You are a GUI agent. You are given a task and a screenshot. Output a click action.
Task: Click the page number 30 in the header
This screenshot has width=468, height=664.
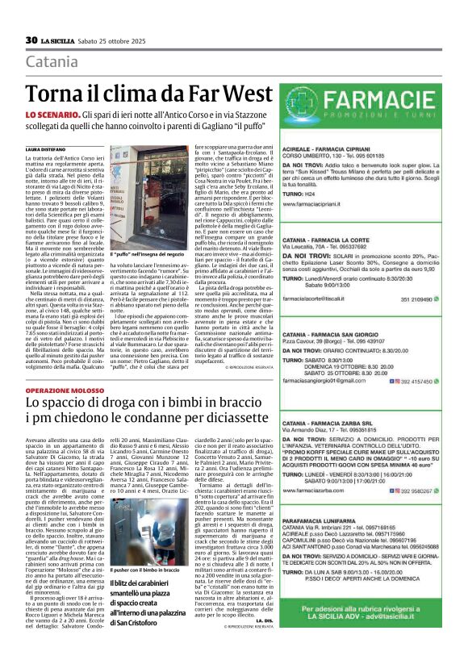click(31, 40)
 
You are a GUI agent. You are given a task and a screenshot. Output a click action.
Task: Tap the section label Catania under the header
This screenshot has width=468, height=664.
click(52, 62)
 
